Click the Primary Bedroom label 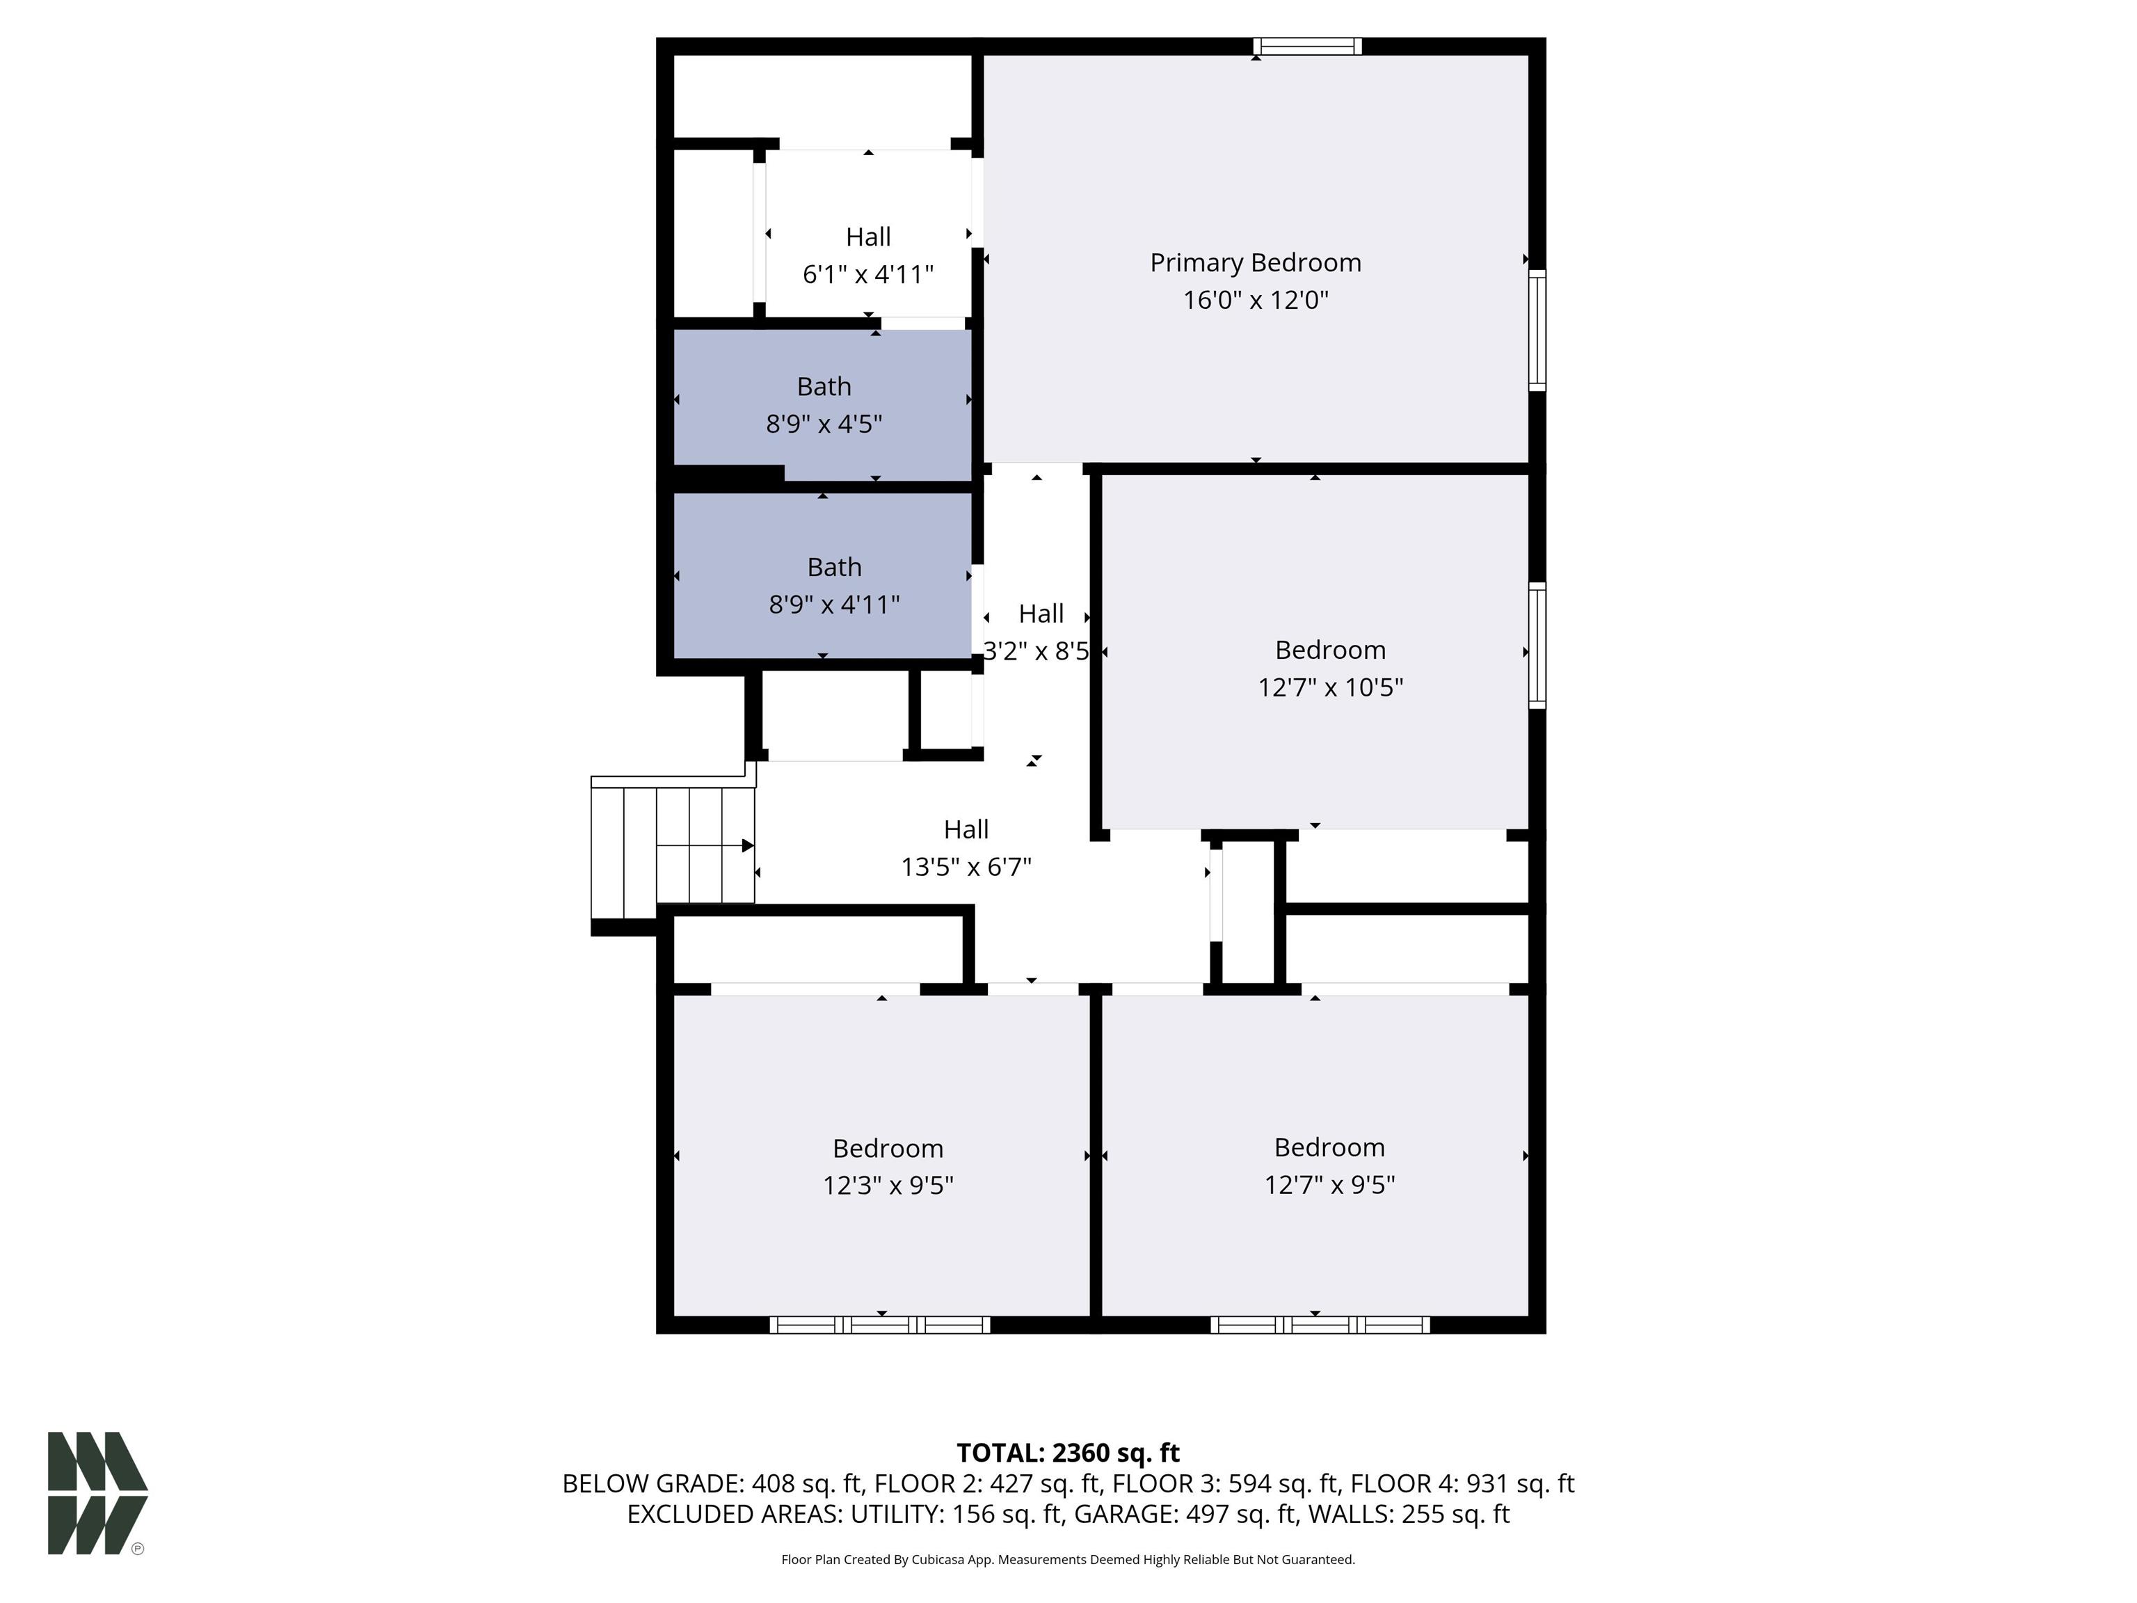coord(1255,263)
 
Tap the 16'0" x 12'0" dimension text coord(1256,300)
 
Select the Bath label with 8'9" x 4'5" coord(824,387)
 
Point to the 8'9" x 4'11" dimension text coord(835,605)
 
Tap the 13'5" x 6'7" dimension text coord(966,867)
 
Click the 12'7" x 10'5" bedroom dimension coord(1330,687)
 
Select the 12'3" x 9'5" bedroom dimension coord(888,1185)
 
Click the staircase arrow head coord(748,845)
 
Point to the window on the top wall coord(1307,47)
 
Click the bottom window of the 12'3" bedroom coord(880,1325)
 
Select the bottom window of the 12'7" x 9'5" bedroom coord(1320,1325)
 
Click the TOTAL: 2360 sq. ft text coord(1068,1453)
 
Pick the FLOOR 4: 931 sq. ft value coord(1462,1483)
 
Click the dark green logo coord(97,1493)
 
